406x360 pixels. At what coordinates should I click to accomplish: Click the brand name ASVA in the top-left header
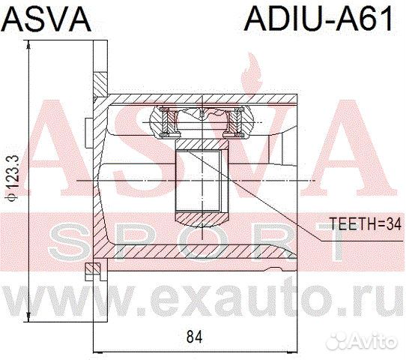pos(46,17)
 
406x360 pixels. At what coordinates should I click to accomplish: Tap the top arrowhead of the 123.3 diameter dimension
pos(28,46)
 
